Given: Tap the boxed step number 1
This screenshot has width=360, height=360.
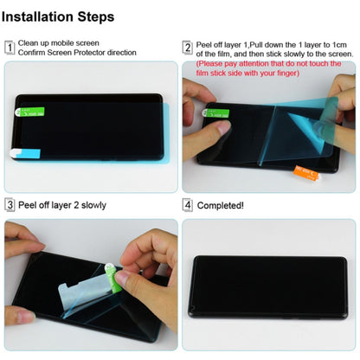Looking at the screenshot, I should [x=10, y=48].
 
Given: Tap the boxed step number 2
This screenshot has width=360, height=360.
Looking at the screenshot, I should [x=188, y=48].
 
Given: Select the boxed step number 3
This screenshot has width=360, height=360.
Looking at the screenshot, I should [x=10, y=205].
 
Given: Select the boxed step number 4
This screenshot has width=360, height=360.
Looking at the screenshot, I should [x=188, y=205].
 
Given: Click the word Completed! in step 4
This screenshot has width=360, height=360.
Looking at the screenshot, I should [x=221, y=206].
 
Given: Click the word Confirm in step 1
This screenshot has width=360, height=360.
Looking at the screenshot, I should [x=35, y=53].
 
